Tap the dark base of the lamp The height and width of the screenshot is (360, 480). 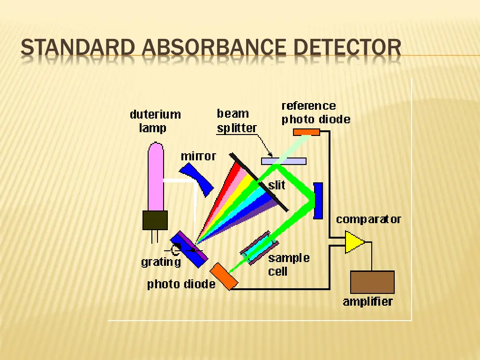click(155, 220)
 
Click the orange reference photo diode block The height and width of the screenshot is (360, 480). click(307, 132)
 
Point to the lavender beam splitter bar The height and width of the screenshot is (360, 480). click(284, 161)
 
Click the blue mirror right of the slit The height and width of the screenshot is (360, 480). click(318, 201)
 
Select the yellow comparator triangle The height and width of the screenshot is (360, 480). click(354, 242)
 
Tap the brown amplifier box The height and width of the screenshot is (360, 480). click(372, 282)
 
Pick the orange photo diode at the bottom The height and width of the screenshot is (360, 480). click(224, 276)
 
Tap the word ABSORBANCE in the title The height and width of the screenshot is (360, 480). click(214, 48)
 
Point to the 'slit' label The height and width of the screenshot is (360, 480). click(277, 185)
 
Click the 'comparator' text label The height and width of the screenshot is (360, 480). click(368, 219)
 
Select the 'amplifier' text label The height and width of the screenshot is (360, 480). click(367, 301)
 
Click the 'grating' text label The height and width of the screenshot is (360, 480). click(161, 262)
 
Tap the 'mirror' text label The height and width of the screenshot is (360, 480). click(198, 156)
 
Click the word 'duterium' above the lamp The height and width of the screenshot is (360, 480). click(155, 114)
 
